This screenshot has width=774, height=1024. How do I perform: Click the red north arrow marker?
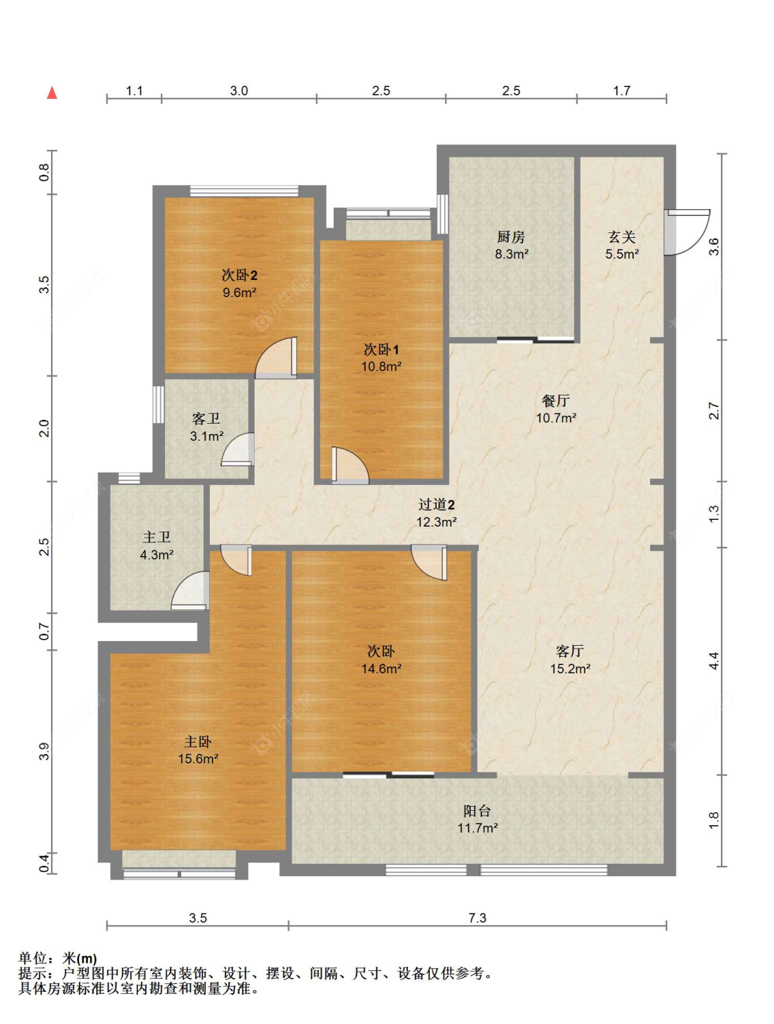(52, 93)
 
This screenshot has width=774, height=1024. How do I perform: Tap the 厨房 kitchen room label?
(511, 237)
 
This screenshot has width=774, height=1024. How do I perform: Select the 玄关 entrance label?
(621, 237)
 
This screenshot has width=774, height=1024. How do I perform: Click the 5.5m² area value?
(622, 254)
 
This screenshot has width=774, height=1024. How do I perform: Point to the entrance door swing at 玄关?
(687, 232)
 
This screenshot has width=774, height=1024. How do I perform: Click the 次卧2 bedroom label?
(239, 275)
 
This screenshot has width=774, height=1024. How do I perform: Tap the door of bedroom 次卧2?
(276, 358)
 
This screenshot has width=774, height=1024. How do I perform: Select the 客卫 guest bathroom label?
(206, 418)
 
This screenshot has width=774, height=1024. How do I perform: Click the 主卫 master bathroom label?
(156, 537)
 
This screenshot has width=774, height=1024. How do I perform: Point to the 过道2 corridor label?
(436, 504)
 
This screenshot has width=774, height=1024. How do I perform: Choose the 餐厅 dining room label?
(555, 400)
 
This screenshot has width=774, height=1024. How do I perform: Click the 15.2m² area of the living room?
(570, 668)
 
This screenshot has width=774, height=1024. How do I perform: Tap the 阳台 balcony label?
(477, 811)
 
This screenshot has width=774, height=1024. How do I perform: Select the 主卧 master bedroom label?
(197, 742)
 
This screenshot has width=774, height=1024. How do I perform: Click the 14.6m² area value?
(381, 668)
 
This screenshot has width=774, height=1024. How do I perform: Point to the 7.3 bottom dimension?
(477, 917)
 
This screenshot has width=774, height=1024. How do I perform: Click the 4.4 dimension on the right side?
(714, 661)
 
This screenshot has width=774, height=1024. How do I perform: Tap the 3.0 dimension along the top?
(239, 91)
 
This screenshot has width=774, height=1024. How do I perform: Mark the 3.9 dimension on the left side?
(44, 751)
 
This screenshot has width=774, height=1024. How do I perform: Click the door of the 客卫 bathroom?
(238, 450)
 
